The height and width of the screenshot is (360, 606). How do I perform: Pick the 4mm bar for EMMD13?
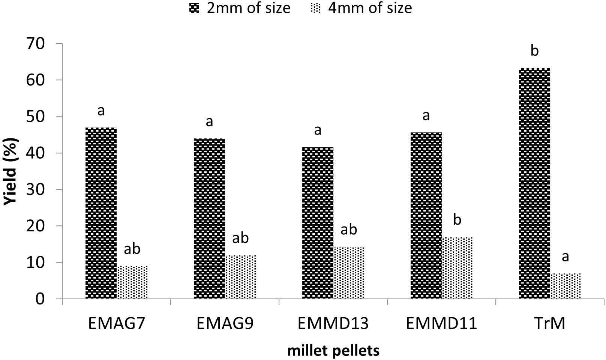[x=349, y=273]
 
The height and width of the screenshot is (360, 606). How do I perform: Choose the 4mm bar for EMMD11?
[x=457, y=268]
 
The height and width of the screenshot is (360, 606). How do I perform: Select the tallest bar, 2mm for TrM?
[x=534, y=183]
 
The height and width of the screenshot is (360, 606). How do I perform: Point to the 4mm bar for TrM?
[x=565, y=286]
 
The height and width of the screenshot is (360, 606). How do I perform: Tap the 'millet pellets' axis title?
[x=333, y=351]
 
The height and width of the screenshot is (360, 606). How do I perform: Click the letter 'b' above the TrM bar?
[x=534, y=51]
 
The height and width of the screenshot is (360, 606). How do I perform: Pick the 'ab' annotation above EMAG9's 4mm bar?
[x=240, y=238]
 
